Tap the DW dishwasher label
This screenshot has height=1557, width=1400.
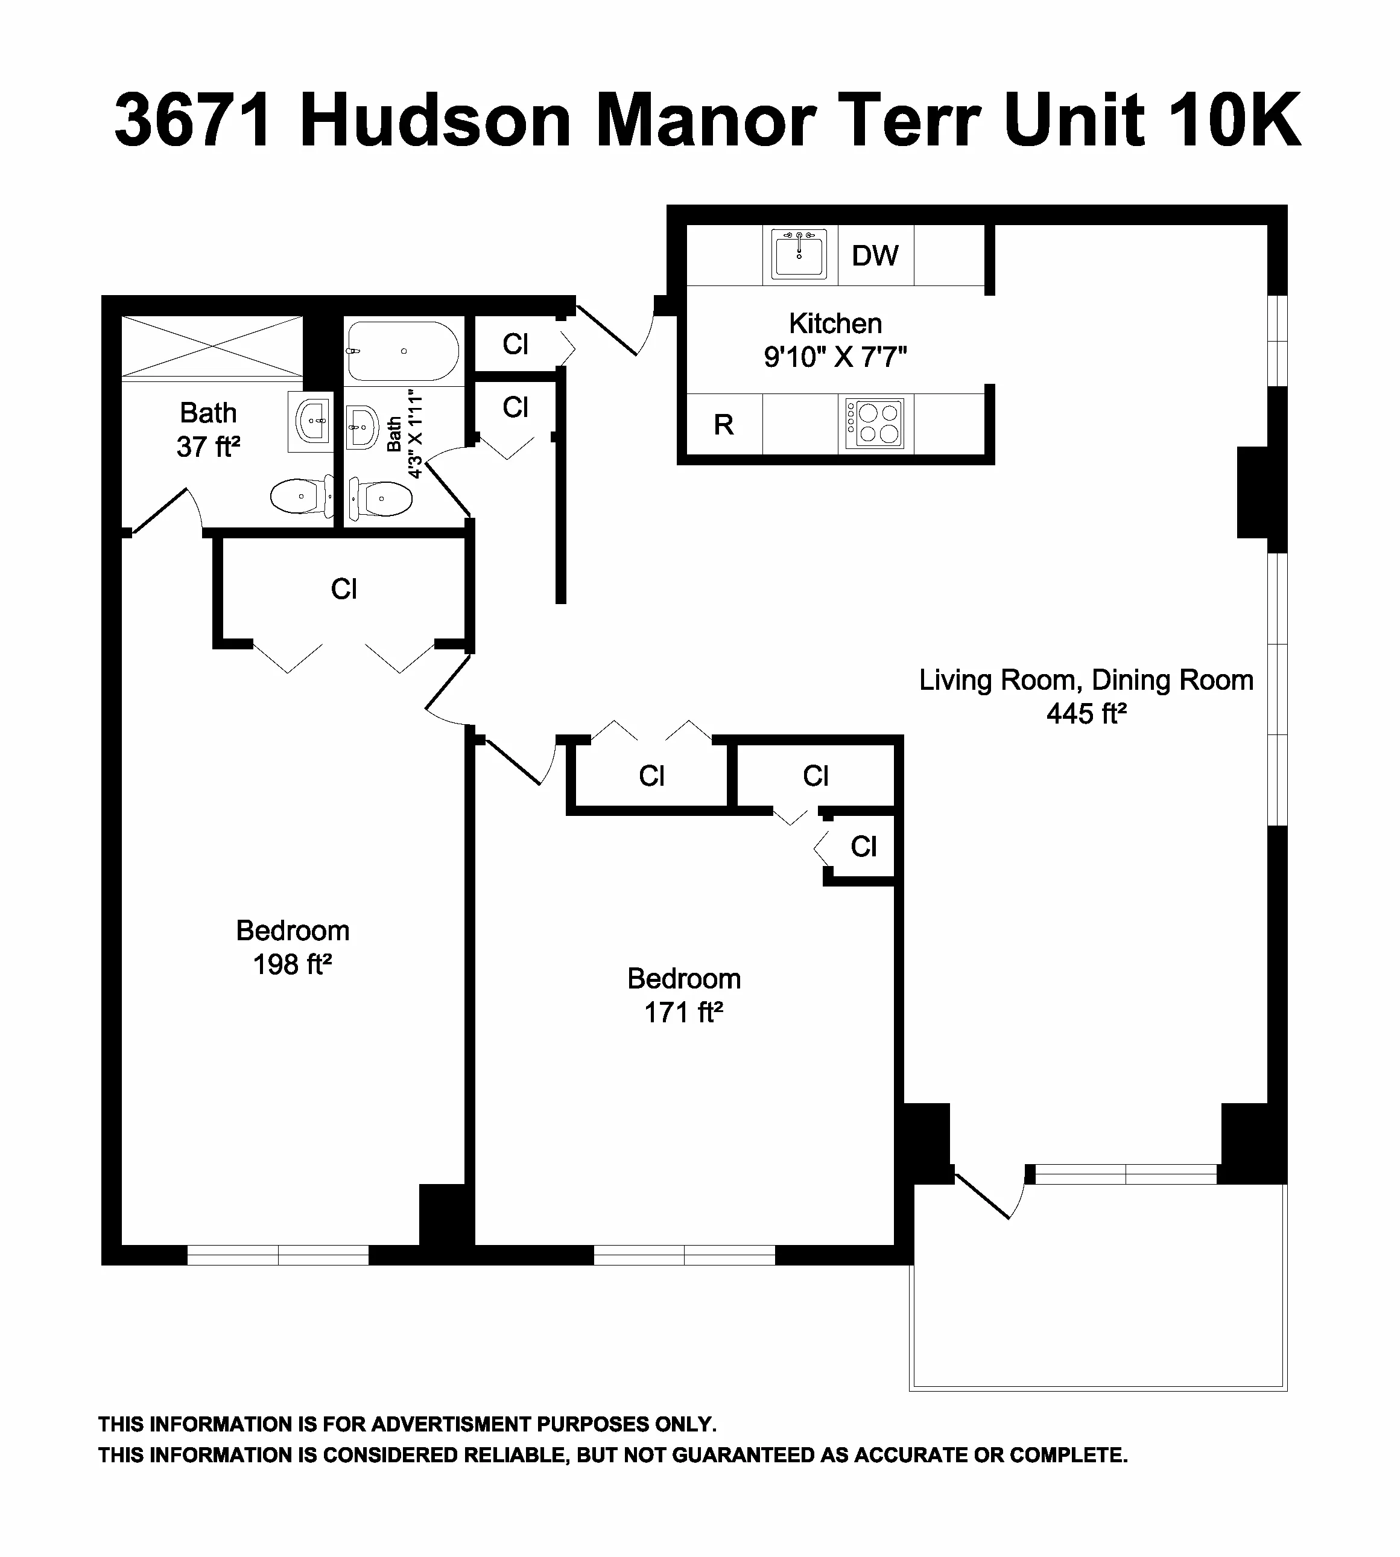(875, 255)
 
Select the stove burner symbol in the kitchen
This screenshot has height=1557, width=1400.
(875, 423)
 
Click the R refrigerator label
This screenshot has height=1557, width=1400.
(723, 425)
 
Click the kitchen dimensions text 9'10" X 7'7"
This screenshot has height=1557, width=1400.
(835, 357)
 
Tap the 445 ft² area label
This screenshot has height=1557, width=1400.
(1086, 715)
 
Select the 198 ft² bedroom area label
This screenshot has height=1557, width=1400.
(293, 964)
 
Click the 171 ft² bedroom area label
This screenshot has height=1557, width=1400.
(684, 1012)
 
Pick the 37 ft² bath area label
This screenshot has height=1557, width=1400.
(209, 447)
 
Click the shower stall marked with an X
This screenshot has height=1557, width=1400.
(213, 347)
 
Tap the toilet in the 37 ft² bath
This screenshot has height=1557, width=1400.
(302, 497)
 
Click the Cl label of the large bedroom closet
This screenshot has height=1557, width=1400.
(344, 589)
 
